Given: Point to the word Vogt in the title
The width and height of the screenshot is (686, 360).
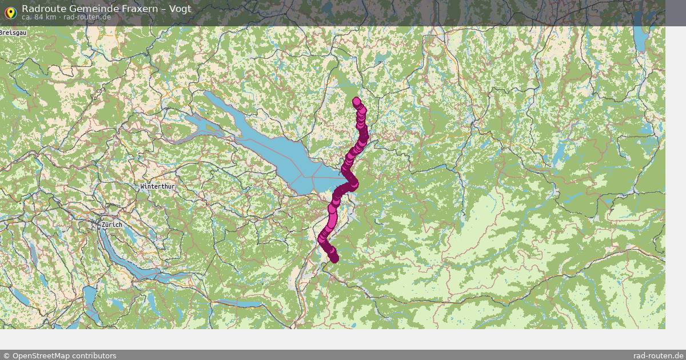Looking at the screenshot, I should (181, 9).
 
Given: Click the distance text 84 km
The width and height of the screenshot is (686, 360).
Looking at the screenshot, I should (45, 17).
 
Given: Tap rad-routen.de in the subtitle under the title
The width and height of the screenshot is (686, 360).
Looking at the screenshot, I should (87, 17).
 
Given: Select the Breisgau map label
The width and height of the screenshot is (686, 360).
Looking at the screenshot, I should (13, 33).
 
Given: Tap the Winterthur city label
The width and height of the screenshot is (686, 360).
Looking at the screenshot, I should (157, 187).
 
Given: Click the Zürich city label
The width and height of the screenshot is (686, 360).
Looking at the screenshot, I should (111, 225).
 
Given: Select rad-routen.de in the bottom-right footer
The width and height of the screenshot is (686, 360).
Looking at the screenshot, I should (658, 355).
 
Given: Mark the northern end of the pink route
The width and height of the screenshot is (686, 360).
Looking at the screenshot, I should (357, 101).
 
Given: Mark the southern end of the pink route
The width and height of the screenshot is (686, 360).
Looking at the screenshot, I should (334, 259).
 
